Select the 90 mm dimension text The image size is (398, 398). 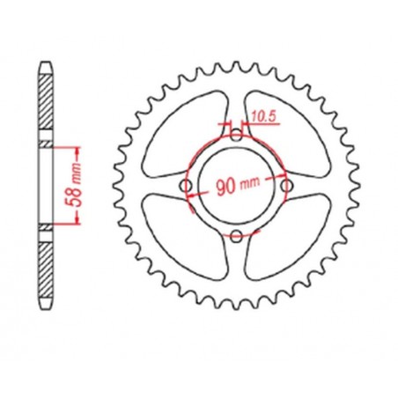(x=232, y=186)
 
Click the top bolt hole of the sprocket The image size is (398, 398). (x=236, y=135)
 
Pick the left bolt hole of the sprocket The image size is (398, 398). (x=187, y=186)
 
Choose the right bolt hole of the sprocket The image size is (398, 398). (x=284, y=184)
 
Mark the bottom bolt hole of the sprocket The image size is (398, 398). (x=236, y=233)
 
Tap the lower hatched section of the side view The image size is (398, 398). (x=45, y=269)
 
